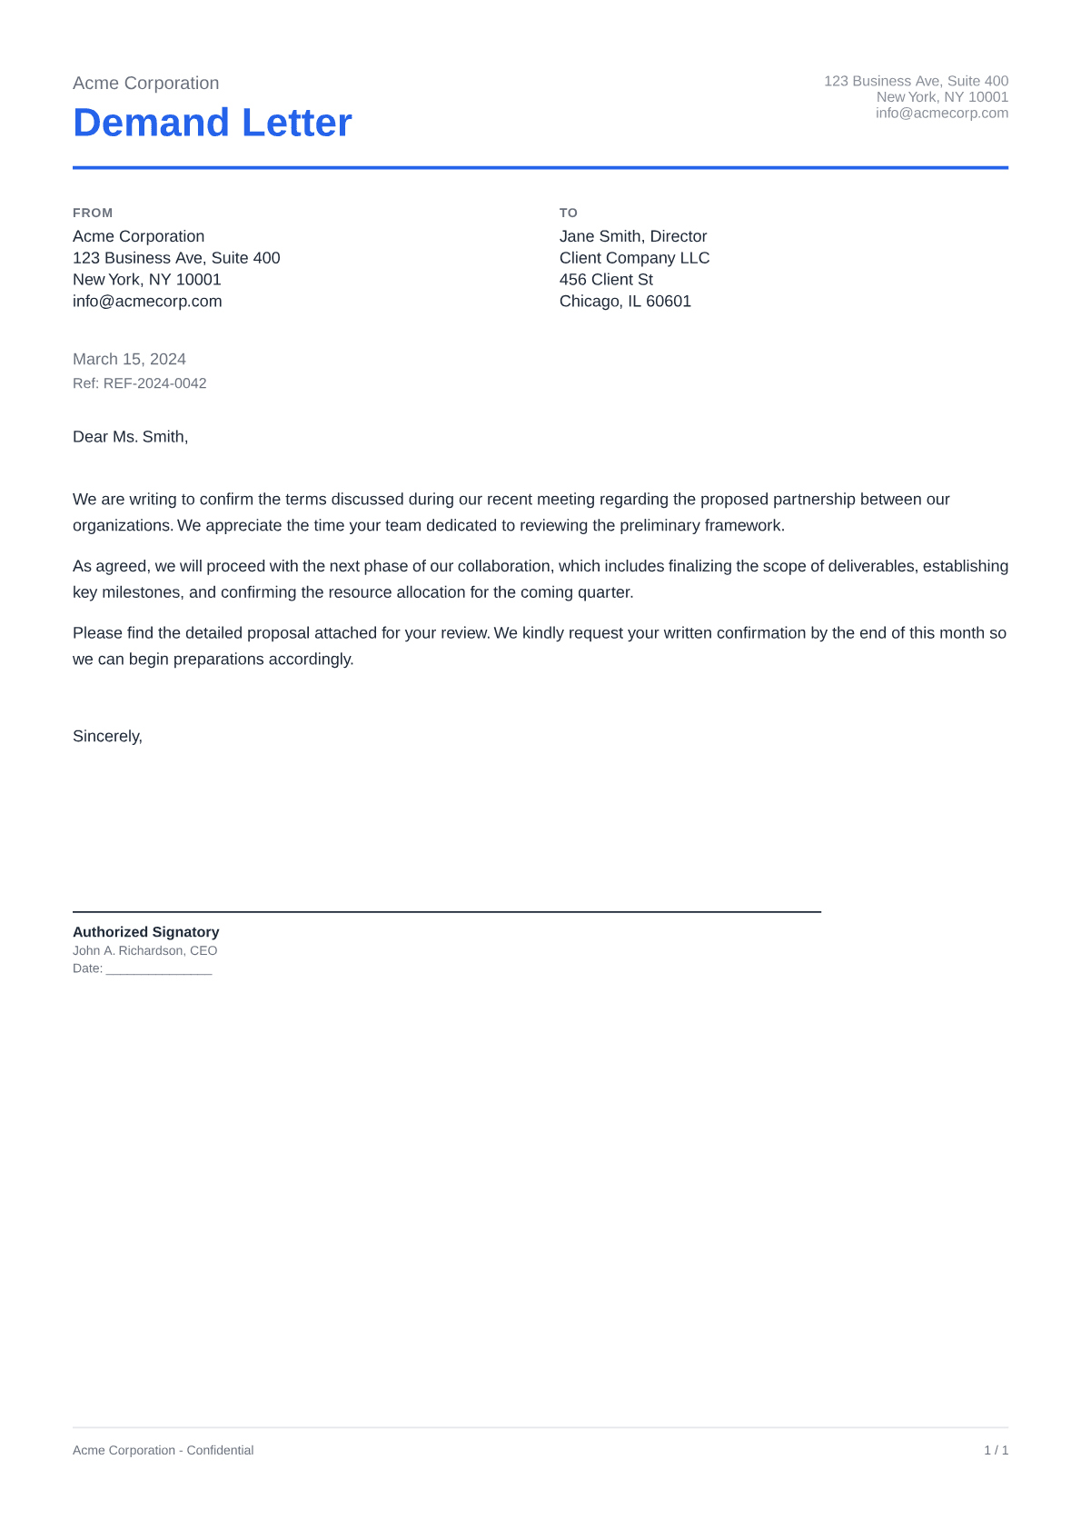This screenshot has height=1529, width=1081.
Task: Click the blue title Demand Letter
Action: [x=212, y=123]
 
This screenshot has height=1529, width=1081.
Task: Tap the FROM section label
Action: [x=93, y=213]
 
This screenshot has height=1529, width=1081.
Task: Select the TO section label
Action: [x=568, y=213]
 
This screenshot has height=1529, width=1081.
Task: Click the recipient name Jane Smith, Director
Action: [x=632, y=236]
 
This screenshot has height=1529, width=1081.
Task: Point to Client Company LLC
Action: [x=634, y=258]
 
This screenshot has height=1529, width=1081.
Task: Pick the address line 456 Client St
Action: [x=606, y=280]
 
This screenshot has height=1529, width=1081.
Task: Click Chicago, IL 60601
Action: [x=625, y=302]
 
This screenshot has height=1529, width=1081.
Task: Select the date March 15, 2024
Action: [x=129, y=359]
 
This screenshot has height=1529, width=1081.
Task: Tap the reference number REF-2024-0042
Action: [x=154, y=383]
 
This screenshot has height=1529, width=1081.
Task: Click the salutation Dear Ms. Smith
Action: [x=130, y=437]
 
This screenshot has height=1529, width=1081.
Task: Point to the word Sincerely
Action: [x=107, y=736]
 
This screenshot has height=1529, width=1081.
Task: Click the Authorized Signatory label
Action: [x=145, y=932]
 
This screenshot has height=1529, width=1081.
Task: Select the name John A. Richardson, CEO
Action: [x=144, y=950]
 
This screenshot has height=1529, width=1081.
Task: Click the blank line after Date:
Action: [x=159, y=969]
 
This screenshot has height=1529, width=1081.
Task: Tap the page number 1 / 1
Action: [x=996, y=1450]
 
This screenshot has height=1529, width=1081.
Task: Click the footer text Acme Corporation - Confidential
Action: [x=163, y=1450]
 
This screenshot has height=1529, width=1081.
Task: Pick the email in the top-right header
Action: [x=941, y=113]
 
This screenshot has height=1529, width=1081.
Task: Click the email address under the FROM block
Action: [x=147, y=302]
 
